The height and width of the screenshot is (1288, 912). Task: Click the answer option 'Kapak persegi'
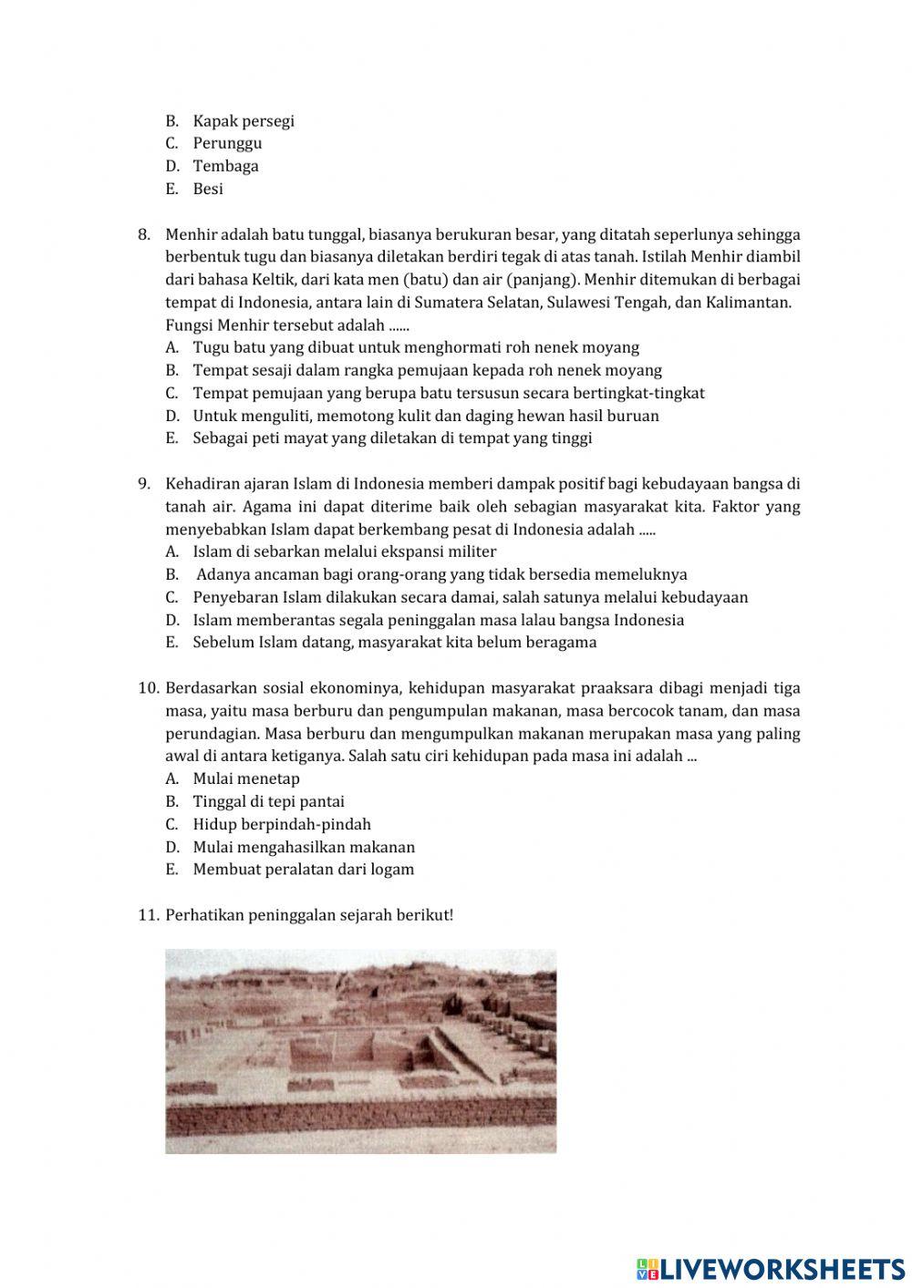(x=243, y=121)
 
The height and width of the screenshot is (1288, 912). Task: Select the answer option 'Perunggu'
(x=227, y=143)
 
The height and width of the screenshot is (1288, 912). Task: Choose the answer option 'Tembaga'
(x=225, y=166)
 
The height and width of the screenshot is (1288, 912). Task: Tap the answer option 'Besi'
(x=208, y=189)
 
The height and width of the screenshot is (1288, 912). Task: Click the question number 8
(x=144, y=234)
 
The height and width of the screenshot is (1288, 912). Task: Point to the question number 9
(x=144, y=484)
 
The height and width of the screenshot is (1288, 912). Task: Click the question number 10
(x=149, y=688)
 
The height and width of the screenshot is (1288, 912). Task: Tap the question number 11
(x=149, y=915)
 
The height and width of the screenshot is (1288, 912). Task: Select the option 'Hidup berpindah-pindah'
(x=282, y=824)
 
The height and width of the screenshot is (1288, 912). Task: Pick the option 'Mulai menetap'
(x=246, y=778)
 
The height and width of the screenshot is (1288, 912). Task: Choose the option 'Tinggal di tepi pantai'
(x=268, y=801)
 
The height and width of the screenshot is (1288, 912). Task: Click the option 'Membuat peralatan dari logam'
(x=303, y=869)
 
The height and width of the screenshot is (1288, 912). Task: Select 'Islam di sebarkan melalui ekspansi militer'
(x=344, y=551)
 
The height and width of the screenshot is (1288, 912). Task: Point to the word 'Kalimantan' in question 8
(x=747, y=302)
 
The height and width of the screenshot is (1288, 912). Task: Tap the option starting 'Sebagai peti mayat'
(x=392, y=438)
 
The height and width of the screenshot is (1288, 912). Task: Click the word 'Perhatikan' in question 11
(x=204, y=915)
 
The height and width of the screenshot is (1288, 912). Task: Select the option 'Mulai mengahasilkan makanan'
(x=304, y=847)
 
